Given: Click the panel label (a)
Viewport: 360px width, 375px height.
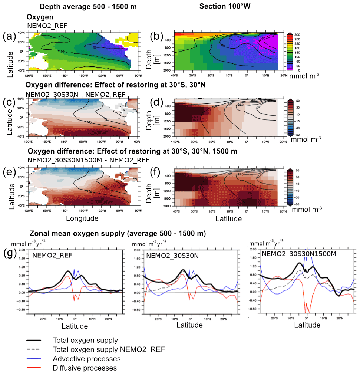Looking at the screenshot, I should click(9, 36).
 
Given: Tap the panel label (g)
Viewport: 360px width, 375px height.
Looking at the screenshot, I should click(9, 255).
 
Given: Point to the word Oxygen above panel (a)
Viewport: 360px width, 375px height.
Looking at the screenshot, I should click(38, 17).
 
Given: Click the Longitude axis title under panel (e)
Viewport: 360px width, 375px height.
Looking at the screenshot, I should click(82, 218).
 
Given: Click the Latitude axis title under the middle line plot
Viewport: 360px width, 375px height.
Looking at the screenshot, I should click(189, 325).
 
